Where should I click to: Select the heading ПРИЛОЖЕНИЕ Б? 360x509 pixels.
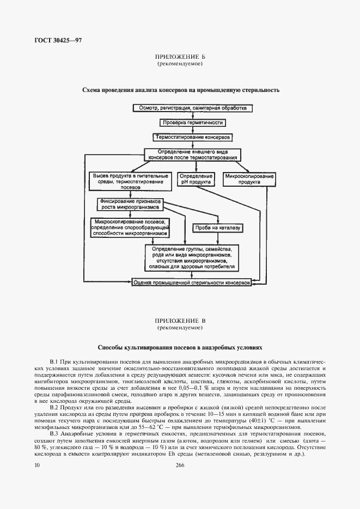pos(180,57)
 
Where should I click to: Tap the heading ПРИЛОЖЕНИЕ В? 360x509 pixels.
pos(180,321)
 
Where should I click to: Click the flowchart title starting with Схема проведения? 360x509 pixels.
pos(180,90)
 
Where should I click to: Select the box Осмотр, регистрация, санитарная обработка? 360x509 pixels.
pos(192,108)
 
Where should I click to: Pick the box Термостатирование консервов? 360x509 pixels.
pos(193,137)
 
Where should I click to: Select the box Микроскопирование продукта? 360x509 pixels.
pos(241,180)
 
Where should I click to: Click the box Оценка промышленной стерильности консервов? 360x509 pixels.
pos(192,284)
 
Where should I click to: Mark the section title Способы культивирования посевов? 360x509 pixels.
pos(180,346)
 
